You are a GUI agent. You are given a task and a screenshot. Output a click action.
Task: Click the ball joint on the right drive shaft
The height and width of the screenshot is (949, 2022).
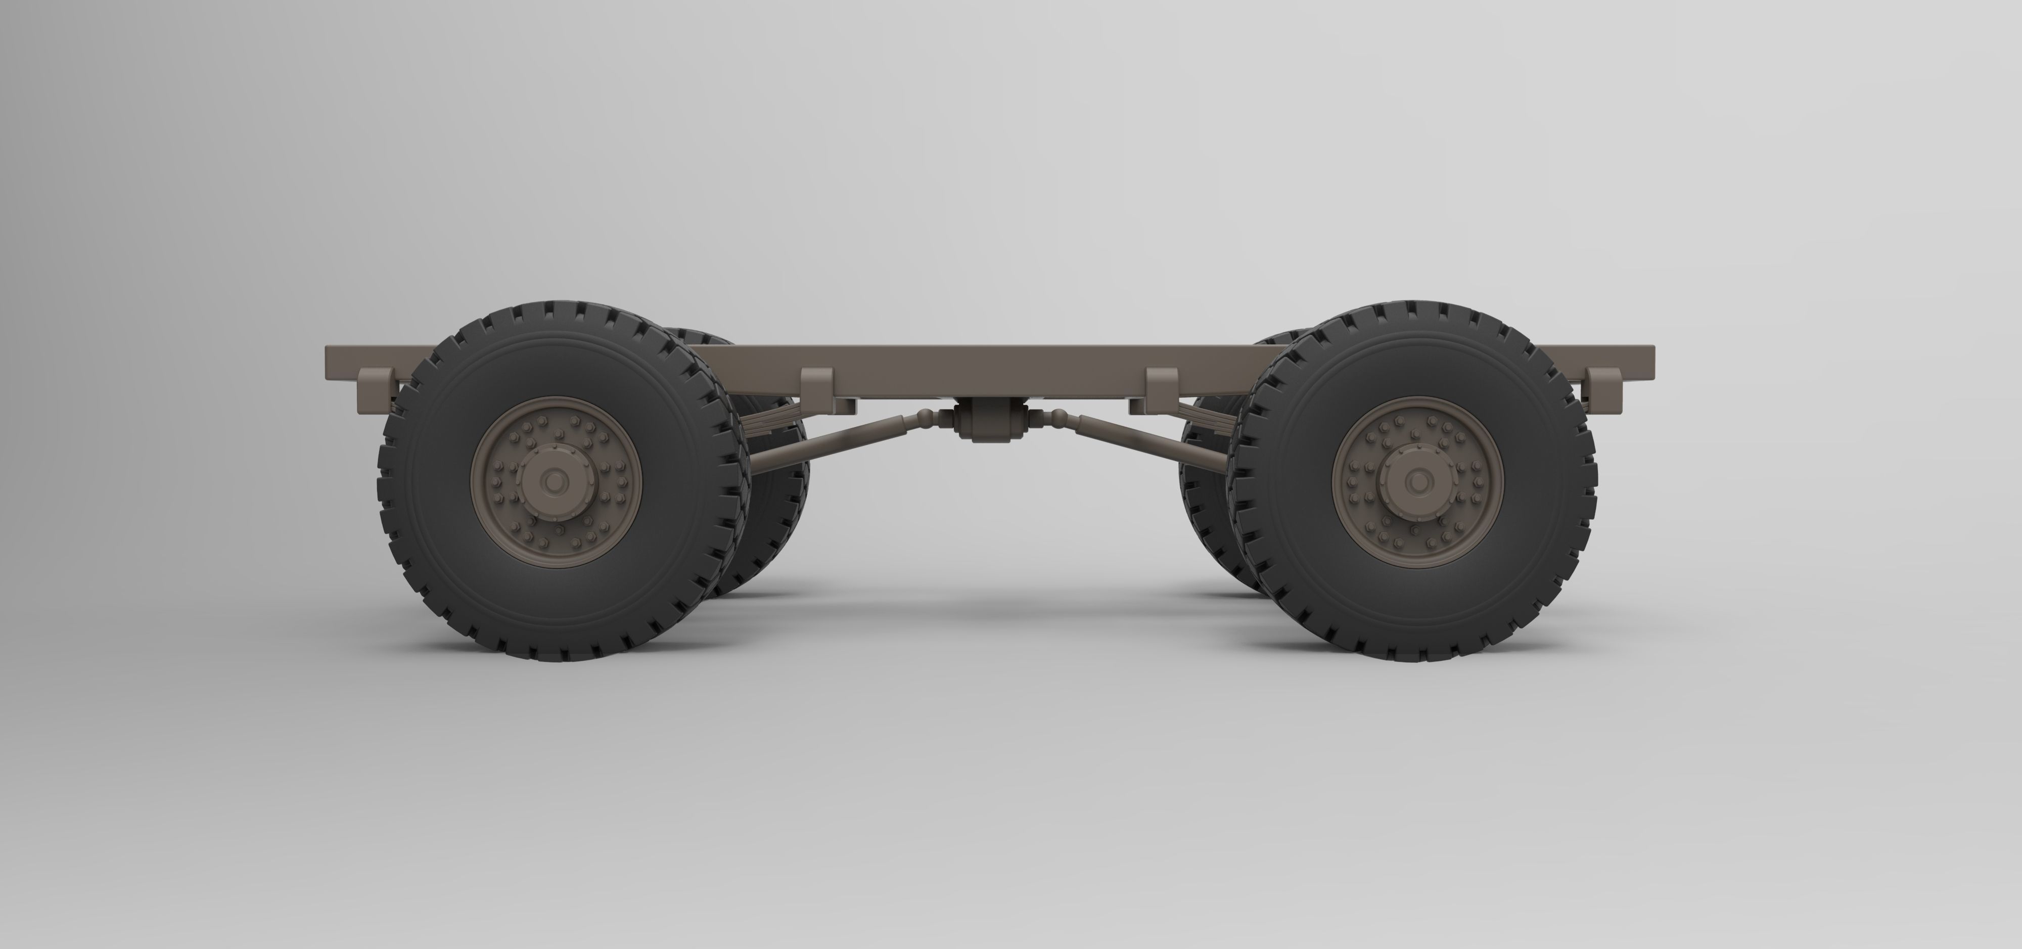click(x=1056, y=416)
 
